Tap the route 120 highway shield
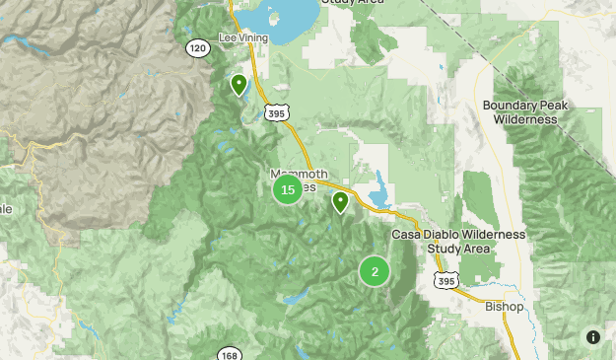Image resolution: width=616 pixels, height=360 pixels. point(197,48)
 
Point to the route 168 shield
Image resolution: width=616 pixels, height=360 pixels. point(229,353)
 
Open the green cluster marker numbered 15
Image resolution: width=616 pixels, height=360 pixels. point(288,189)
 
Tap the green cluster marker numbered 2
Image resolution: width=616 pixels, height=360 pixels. point(375,271)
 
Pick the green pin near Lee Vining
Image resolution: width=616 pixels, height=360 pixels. point(239,85)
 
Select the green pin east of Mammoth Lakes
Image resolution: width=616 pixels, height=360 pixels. point(341,202)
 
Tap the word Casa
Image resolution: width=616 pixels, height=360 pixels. point(408,235)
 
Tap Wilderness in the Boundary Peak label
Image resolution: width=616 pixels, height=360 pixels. point(525,119)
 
